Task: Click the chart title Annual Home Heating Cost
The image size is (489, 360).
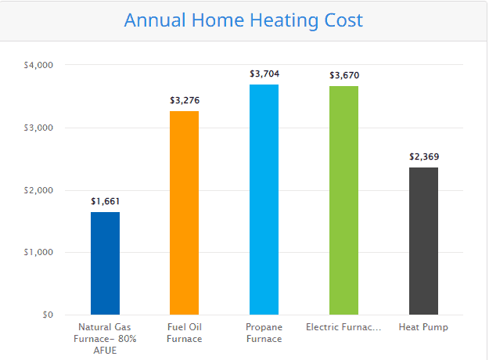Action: click(x=243, y=21)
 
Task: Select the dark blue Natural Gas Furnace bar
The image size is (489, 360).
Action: click(x=105, y=263)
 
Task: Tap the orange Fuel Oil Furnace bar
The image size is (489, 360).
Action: click(x=185, y=213)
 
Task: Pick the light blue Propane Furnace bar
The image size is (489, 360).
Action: click(x=264, y=200)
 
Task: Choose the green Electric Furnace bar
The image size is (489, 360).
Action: click(x=343, y=200)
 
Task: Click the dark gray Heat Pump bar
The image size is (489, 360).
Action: click(x=423, y=241)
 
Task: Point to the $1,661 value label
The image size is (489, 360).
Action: click(x=105, y=202)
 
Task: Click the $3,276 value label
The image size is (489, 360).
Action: click(x=185, y=100)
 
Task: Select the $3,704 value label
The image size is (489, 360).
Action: click(x=264, y=74)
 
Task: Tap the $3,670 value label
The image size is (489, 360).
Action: click(x=344, y=75)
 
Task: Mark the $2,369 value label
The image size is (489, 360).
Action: click(x=424, y=157)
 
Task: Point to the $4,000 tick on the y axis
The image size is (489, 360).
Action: click(x=38, y=65)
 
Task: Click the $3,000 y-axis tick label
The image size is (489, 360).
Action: click(x=38, y=128)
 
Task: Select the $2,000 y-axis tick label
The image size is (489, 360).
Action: click(x=38, y=190)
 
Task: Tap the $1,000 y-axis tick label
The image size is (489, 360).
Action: click(x=38, y=252)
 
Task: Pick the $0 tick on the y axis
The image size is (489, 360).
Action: click(x=48, y=315)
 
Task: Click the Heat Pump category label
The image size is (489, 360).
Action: click(x=423, y=327)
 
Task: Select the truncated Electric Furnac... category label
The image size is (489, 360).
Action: click(x=343, y=327)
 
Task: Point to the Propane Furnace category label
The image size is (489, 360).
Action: click(x=264, y=333)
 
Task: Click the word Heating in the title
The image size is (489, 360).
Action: click(x=284, y=21)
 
